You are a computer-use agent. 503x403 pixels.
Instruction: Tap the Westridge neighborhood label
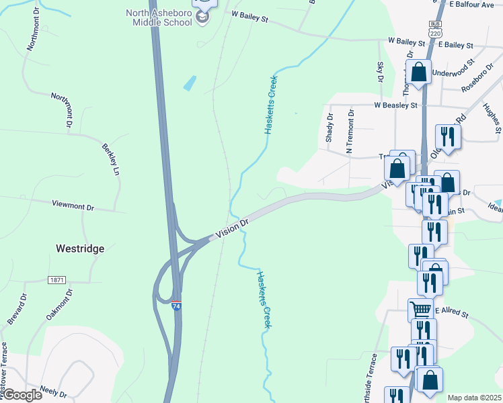pyautogui.click(x=79, y=249)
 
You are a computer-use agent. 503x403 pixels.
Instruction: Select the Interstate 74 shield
pyautogui.click(x=176, y=306)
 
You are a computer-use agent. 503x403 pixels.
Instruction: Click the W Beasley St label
pyautogui.click(x=396, y=105)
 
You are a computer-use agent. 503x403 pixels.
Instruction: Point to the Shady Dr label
pyautogui.click(x=330, y=126)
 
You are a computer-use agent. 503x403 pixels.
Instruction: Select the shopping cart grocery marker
pyautogui.click(x=420, y=310)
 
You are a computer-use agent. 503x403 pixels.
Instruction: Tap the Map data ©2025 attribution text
pyautogui.click(x=474, y=398)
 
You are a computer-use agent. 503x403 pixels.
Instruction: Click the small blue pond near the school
pyautogui.click(x=190, y=83)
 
